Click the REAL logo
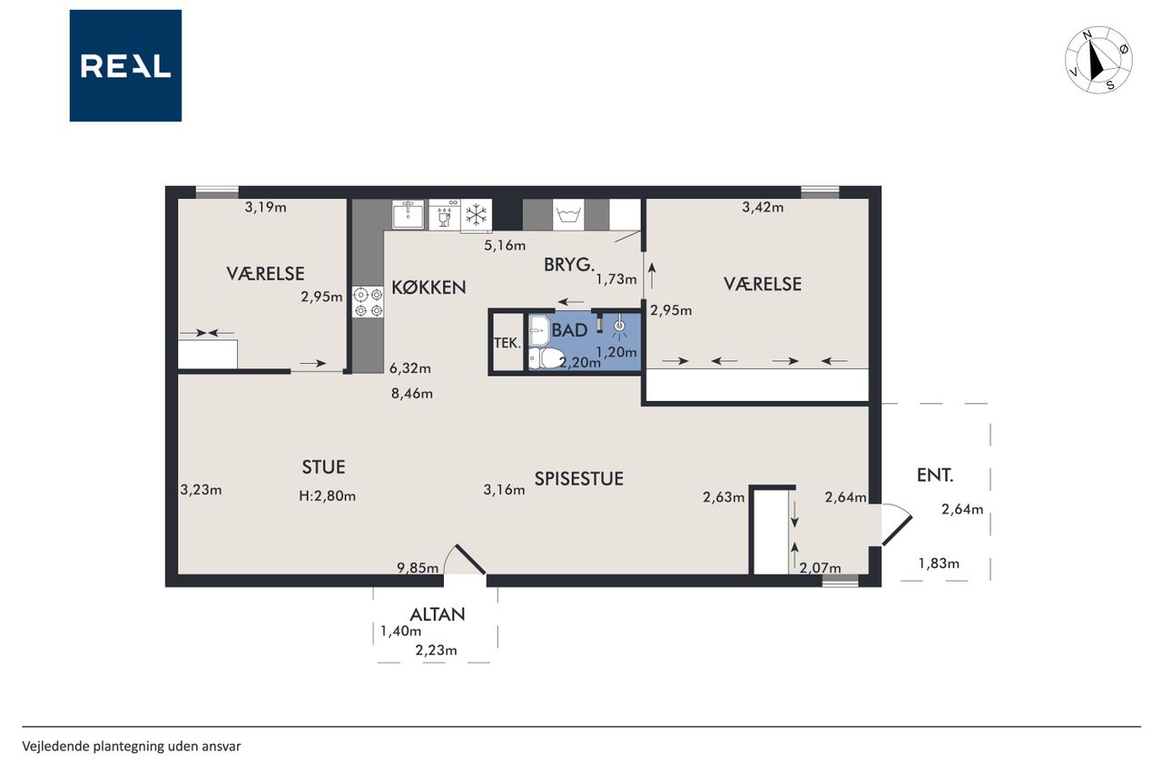(125, 66)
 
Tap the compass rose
(1098, 60)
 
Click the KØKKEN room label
(428, 288)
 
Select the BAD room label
(569, 330)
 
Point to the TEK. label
(507, 343)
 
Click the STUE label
(324, 467)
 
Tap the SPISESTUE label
(579, 478)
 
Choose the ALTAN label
(438, 615)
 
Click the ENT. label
(935, 475)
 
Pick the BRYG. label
(568, 265)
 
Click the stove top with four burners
(368, 302)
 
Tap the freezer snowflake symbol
(477, 215)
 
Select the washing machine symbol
(568, 214)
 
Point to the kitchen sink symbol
(409, 214)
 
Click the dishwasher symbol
(445, 214)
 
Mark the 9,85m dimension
(418, 568)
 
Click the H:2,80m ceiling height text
(328, 496)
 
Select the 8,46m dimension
(412, 394)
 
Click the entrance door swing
(897, 524)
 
